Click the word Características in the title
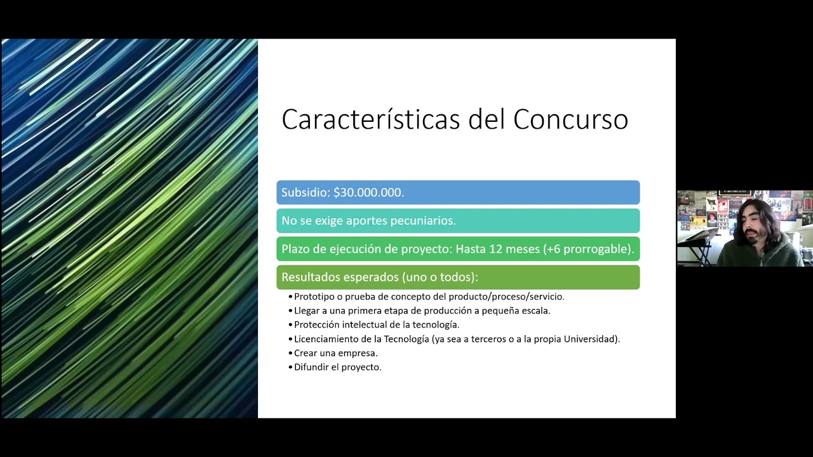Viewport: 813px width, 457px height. click(371, 119)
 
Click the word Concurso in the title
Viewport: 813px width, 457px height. click(570, 119)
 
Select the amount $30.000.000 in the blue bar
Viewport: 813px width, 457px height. click(368, 192)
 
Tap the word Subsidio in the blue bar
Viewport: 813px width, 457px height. click(305, 192)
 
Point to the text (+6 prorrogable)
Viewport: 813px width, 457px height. click(588, 249)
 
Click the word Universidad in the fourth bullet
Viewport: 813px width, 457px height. click(590, 339)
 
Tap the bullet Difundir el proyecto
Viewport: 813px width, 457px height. click(337, 367)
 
